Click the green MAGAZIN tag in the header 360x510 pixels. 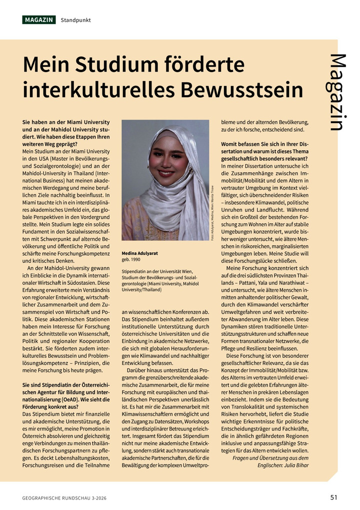pyautogui.click(x=38, y=20)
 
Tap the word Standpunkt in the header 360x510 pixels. pyautogui.click(x=75, y=20)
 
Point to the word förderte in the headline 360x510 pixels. pyautogui.click(x=206, y=65)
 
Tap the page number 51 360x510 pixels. pyautogui.click(x=334, y=497)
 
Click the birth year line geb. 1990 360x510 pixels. pyautogui.click(x=130, y=260)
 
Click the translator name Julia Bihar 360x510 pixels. pyautogui.click(x=296, y=465)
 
